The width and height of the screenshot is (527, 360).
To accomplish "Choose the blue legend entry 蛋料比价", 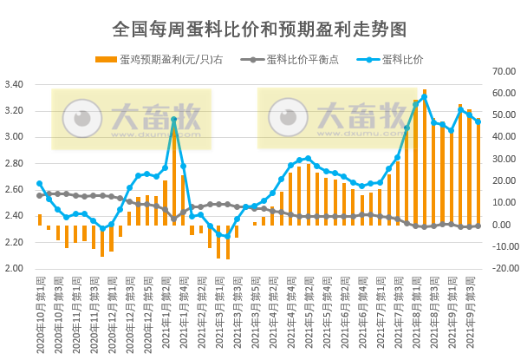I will pyautogui.click(x=389, y=60).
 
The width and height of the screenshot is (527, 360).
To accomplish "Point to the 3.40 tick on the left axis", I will pyautogui.click(x=16, y=85).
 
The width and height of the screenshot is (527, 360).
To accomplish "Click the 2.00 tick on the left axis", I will pyautogui.click(x=16, y=268).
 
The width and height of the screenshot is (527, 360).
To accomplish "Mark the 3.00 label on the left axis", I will pyautogui.click(x=16, y=137).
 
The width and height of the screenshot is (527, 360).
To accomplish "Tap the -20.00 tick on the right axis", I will pyautogui.click(x=504, y=268).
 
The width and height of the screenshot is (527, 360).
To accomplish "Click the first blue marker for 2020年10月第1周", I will pyautogui.click(x=40, y=184).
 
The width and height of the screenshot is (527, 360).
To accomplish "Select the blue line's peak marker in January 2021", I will pyautogui.click(x=174, y=120).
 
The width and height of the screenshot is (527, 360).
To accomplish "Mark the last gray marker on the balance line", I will pyautogui.click(x=478, y=226).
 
